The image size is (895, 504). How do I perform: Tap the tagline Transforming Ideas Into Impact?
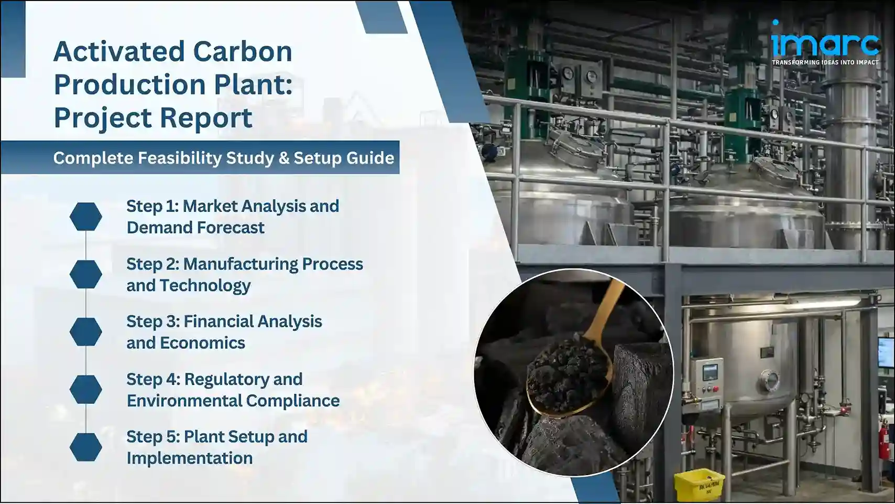point(825,62)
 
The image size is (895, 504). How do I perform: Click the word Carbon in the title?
point(242,51)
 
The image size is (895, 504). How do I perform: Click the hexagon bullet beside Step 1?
point(86,217)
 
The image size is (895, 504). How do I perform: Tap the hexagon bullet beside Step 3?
point(86,331)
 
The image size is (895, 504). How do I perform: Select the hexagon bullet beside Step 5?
point(86,447)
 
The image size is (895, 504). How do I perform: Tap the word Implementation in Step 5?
point(190,458)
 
